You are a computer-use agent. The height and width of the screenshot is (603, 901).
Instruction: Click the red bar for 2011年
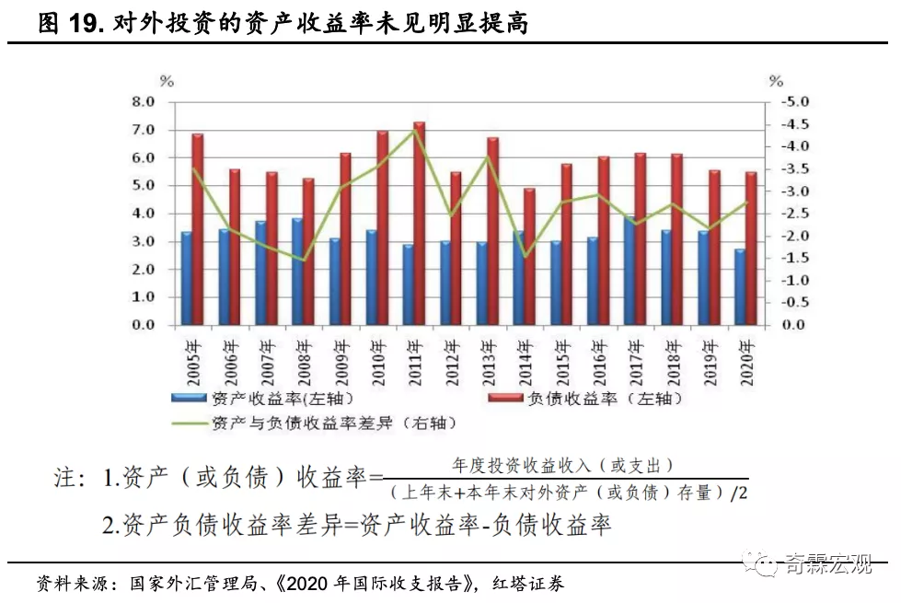click(x=419, y=224)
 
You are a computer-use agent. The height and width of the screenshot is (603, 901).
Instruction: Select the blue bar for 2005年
click(x=187, y=278)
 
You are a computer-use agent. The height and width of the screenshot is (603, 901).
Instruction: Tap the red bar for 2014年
click(x=529, y=257)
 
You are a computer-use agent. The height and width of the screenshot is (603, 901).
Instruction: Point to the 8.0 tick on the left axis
click(x=142, y=102)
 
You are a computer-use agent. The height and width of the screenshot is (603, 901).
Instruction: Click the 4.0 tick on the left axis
click(x=142, y=214)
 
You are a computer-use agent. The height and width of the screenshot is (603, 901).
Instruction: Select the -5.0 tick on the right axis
click(x=792, y=102)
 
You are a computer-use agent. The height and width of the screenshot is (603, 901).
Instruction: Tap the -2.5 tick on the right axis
click(x=792, y=214)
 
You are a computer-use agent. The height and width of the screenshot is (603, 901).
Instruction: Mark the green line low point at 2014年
click(x=526, y=257)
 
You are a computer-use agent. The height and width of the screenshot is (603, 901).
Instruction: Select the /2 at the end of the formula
click(x=739, y=492)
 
